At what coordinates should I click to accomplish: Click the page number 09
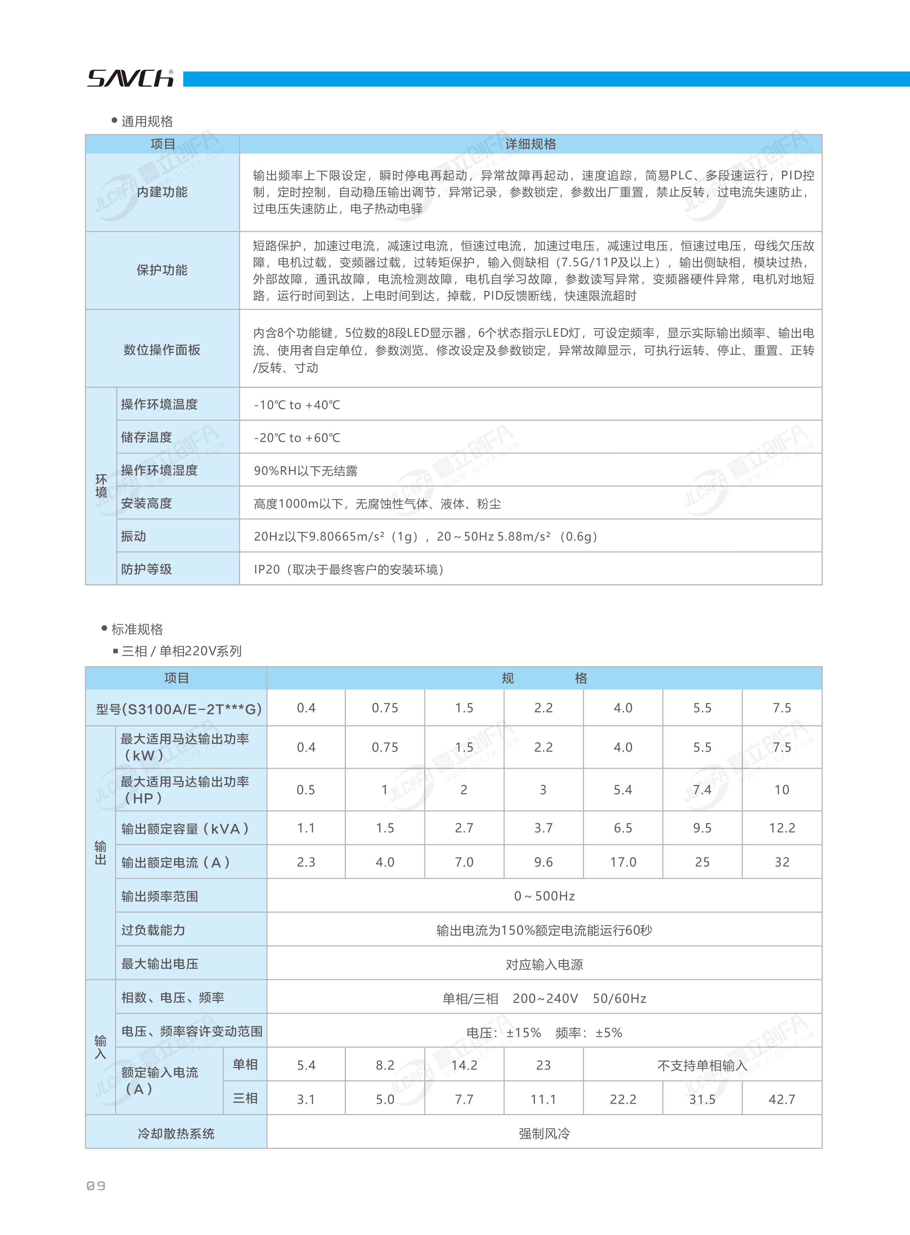96,1186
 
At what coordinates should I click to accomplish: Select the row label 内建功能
162,192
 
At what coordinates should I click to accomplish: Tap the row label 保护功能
162,270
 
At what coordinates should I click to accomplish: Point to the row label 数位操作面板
162,350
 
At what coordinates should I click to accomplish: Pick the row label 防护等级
146,569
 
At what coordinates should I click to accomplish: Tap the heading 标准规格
137,629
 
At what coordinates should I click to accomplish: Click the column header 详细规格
530,144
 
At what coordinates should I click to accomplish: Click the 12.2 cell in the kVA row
782,828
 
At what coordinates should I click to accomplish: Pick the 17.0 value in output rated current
623,862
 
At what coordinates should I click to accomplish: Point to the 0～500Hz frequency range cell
544,896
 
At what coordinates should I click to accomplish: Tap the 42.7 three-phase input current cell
782,1100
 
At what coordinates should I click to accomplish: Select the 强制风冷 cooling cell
544,1134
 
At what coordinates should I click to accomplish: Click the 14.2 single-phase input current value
464,1065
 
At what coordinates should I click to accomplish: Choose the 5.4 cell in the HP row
623,790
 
